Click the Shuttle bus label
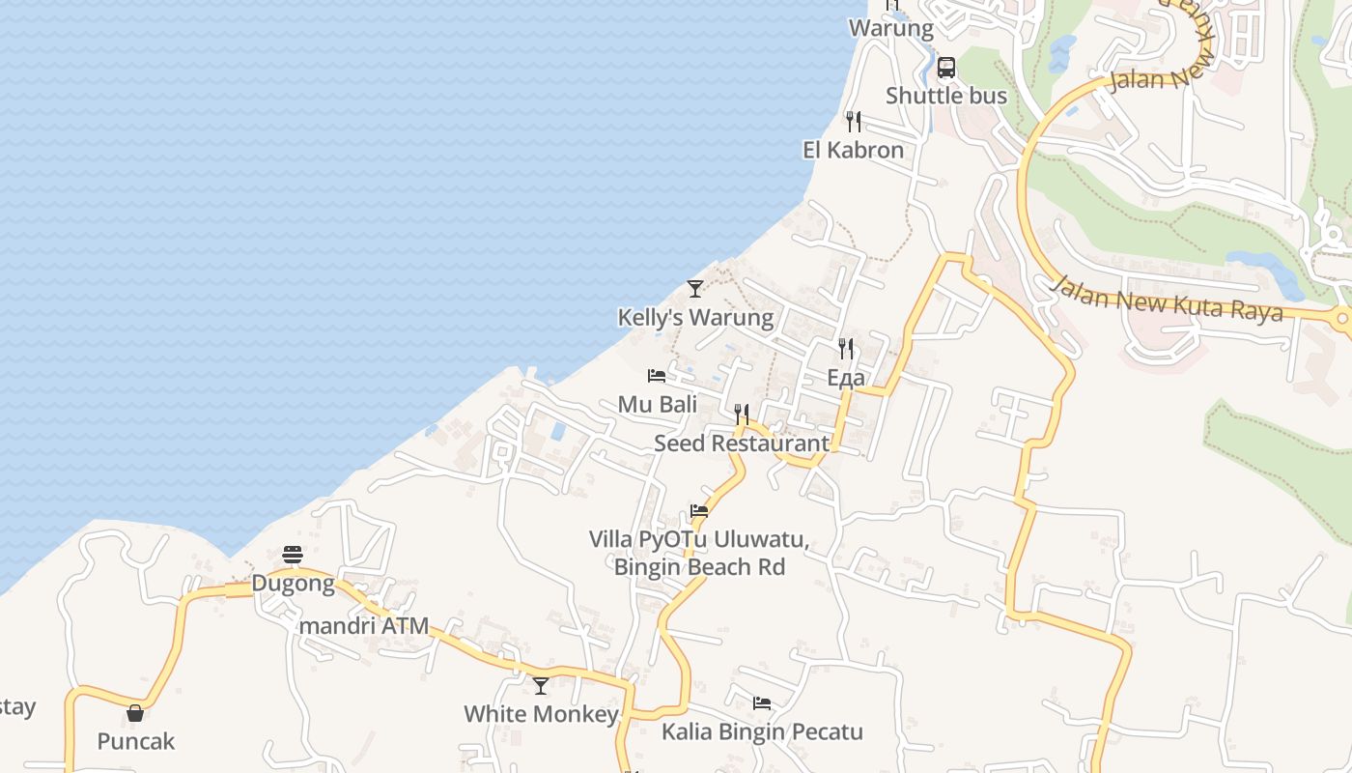pyautogui.click(x=946, y=96)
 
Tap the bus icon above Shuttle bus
pyautogui.click(x=946, y=68)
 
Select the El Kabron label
pyautogui.click(x=854, y=150)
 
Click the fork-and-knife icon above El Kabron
pyautogui.click(x=854, y=122)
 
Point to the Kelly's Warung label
pyautogui.click(x=695, y=317)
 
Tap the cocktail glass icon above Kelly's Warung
pyautogui.click(x=695, y=288)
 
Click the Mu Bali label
pyautogui.click(x=658, y=404)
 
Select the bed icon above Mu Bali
pyautogui.click(x=657, y=375)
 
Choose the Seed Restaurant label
pyautogui.click(x=742, y=444)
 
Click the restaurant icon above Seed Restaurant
pyautogui.click(x=742, y=415)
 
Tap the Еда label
pyautogui.click(x=846, y=378)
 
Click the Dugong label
pyautogui.click(x=294, y=583)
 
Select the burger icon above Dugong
pyautogui.click(x=294, y=555)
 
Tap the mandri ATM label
pyautogui.click(x=364, y=626)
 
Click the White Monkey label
pyautogui.click(x=541, y=714)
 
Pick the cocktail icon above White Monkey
pyautogui.click(x=541, y=686)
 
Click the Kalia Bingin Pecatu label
pyautogui.click(x=762, y=731)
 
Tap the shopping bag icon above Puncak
pyautogui.click(x=135, y=713)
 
